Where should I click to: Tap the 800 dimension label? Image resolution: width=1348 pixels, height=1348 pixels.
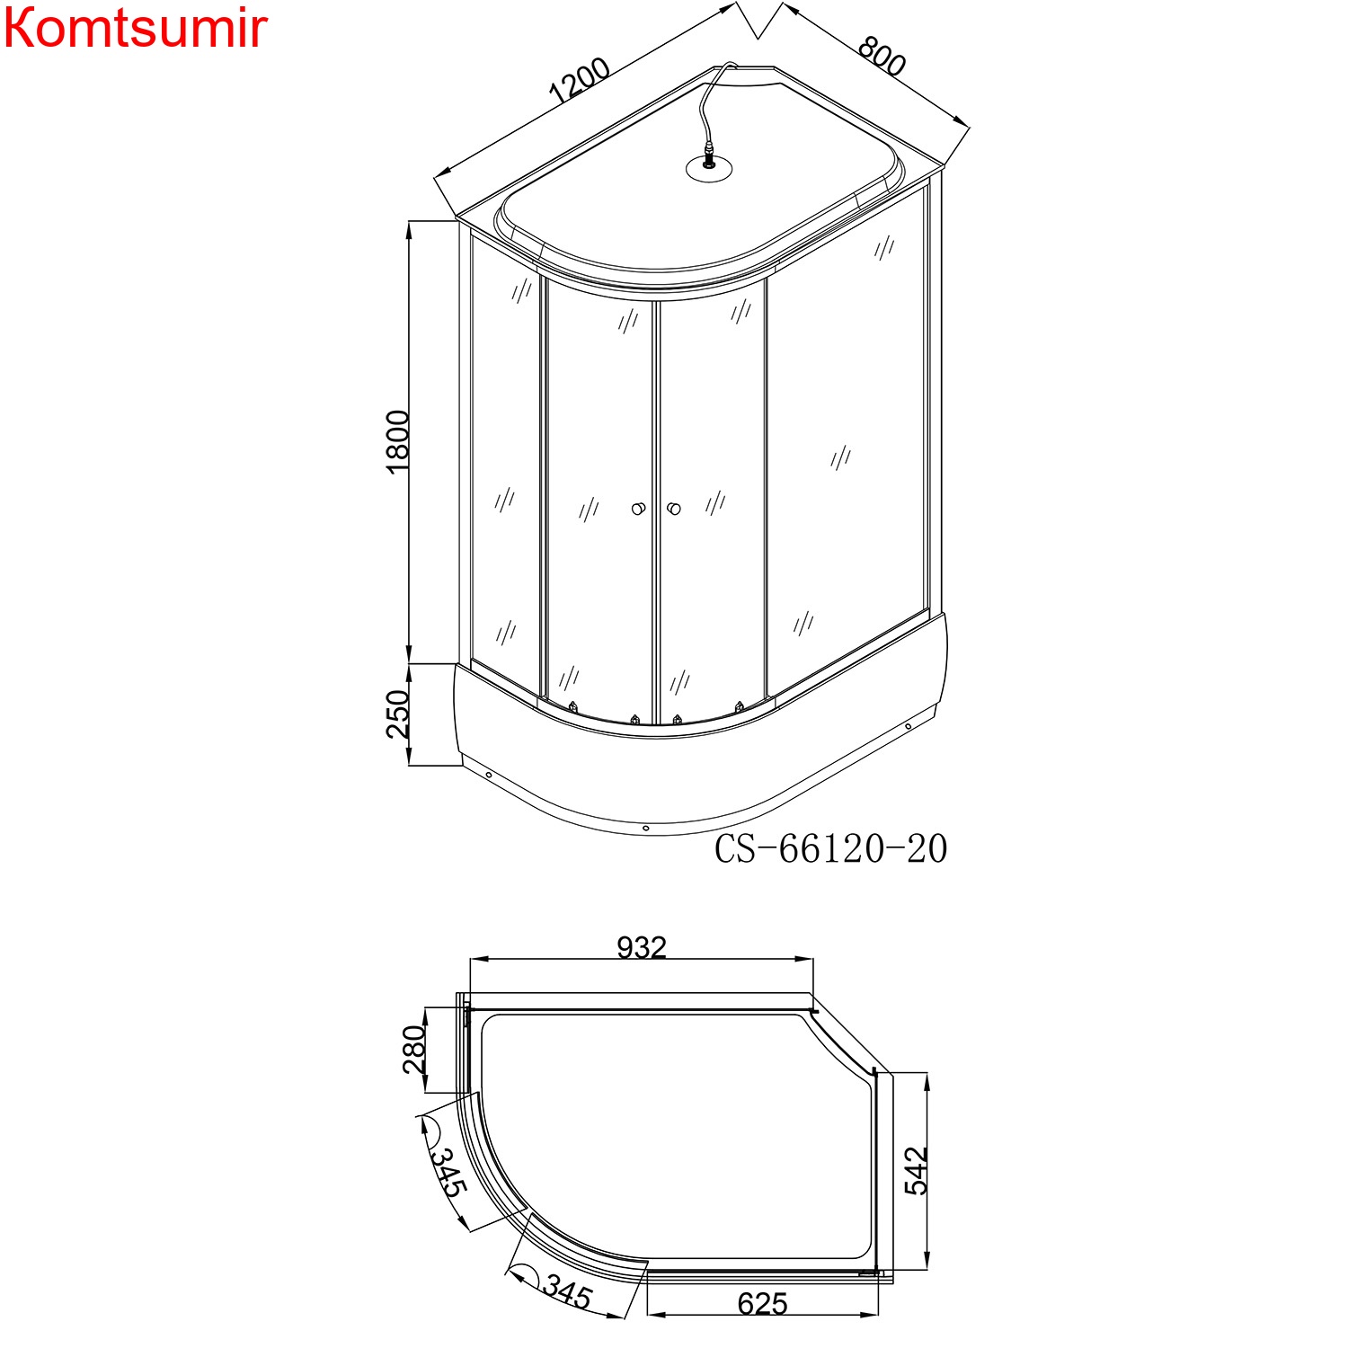tap(881, 56)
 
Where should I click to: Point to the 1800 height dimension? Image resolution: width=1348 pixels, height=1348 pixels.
tap(397, 441)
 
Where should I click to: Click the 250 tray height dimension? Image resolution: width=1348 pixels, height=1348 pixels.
tap(397, 714)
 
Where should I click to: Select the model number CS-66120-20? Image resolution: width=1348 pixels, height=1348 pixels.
tap(830, 848)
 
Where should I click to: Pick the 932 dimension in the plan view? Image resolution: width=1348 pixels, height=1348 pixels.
tap(642, 947)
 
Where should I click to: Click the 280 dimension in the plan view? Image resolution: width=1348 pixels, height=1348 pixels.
tap(413, 1050)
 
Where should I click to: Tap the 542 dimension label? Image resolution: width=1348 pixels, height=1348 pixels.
tap(916, 1170)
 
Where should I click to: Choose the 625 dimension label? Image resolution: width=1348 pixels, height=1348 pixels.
tap(762, 1304)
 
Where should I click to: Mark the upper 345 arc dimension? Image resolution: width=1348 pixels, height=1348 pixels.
tap(448, 1172)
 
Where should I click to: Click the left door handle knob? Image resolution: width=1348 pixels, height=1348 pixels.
tap(638, 510)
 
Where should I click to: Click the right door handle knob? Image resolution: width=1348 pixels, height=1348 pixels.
tap(674, 510)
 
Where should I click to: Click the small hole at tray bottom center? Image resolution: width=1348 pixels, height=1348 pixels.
tap(645, 828)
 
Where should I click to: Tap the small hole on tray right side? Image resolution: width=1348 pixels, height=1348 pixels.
tap(908, 726)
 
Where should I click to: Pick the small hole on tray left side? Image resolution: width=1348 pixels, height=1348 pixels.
tap(488, 775)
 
